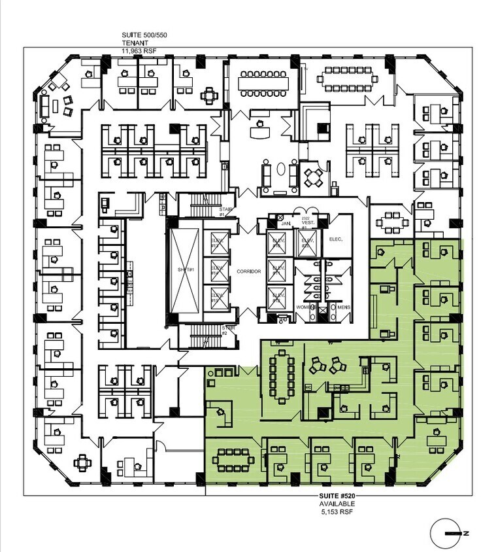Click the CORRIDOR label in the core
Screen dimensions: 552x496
tap(245, 271)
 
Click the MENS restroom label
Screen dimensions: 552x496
tap(340, 306)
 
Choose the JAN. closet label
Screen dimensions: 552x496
tap(285, 224)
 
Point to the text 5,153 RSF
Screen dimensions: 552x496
tap(337, 513)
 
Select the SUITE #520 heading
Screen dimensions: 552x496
tap(337, 496)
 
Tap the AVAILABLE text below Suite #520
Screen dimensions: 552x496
tap(337, 504)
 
